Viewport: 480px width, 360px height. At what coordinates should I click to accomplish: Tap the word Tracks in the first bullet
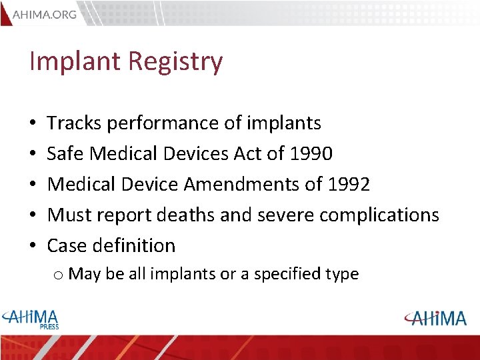(74, 123)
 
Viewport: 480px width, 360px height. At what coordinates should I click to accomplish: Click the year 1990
(311, 154)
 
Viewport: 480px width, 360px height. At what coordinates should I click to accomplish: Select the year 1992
(348, 185)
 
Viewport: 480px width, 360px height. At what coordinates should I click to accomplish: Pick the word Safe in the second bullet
(66, 154)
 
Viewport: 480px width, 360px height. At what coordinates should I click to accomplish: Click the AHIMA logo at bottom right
(435, 318)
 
